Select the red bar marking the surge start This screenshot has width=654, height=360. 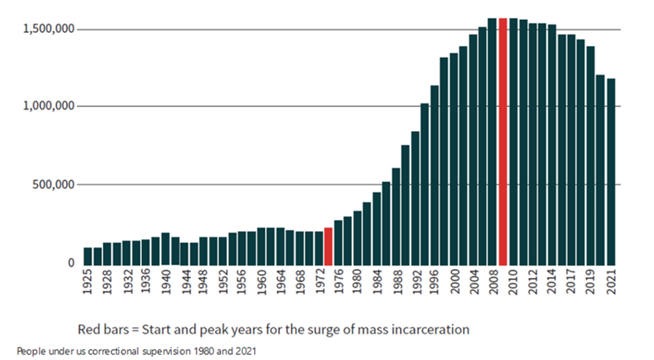tap(328, 246)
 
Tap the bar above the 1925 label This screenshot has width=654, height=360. tap(88, 256)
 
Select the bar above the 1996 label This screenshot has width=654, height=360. tap(435, 175)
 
